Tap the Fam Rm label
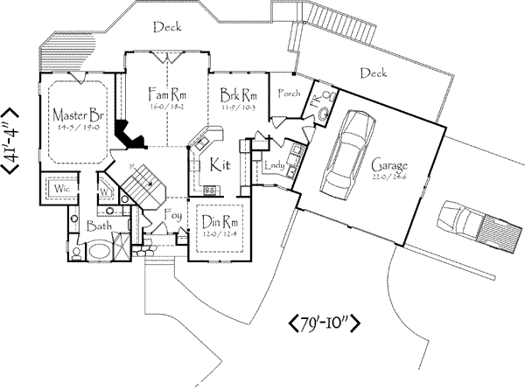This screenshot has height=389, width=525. pyautogui.click(x=166, y=90)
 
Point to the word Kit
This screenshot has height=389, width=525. pyautogui.click(x=219, y=163)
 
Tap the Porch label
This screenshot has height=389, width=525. pyautogui.click(x=288, y=94)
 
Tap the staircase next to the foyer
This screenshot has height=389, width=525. pyautogui.click(x=140, y=186)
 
